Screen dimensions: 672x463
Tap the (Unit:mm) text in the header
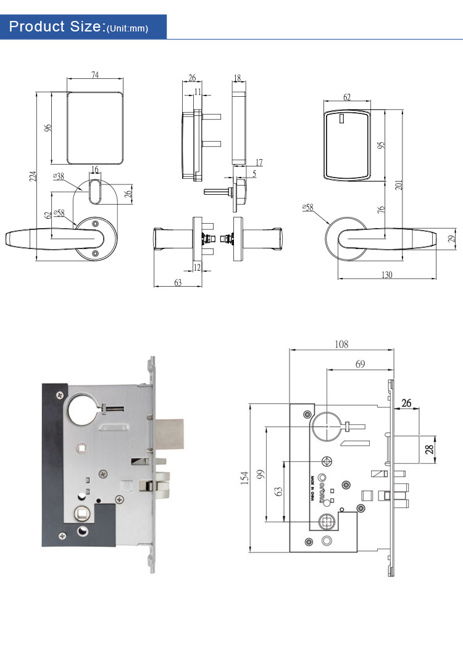click(x=128, y=28)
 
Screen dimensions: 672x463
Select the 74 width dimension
click(x=94, y=75)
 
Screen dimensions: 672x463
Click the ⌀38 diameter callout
click(x=59, y=176)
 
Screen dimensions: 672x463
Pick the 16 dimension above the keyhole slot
click(x=94, y=170)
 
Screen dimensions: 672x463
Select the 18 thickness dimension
click(x=238, y=78)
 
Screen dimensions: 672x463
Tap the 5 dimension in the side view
click(x=254, y=174)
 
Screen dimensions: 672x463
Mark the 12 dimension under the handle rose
click(x=198, y=267)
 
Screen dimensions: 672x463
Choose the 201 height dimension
click(x=399, y=184)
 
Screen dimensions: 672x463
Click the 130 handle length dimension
click(x=388, y=275)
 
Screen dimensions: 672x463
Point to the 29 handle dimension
click(x=451, y=239)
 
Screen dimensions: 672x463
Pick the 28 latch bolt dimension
click(x=428, y=448)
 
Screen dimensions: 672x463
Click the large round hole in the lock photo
click(x=81, y=409)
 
